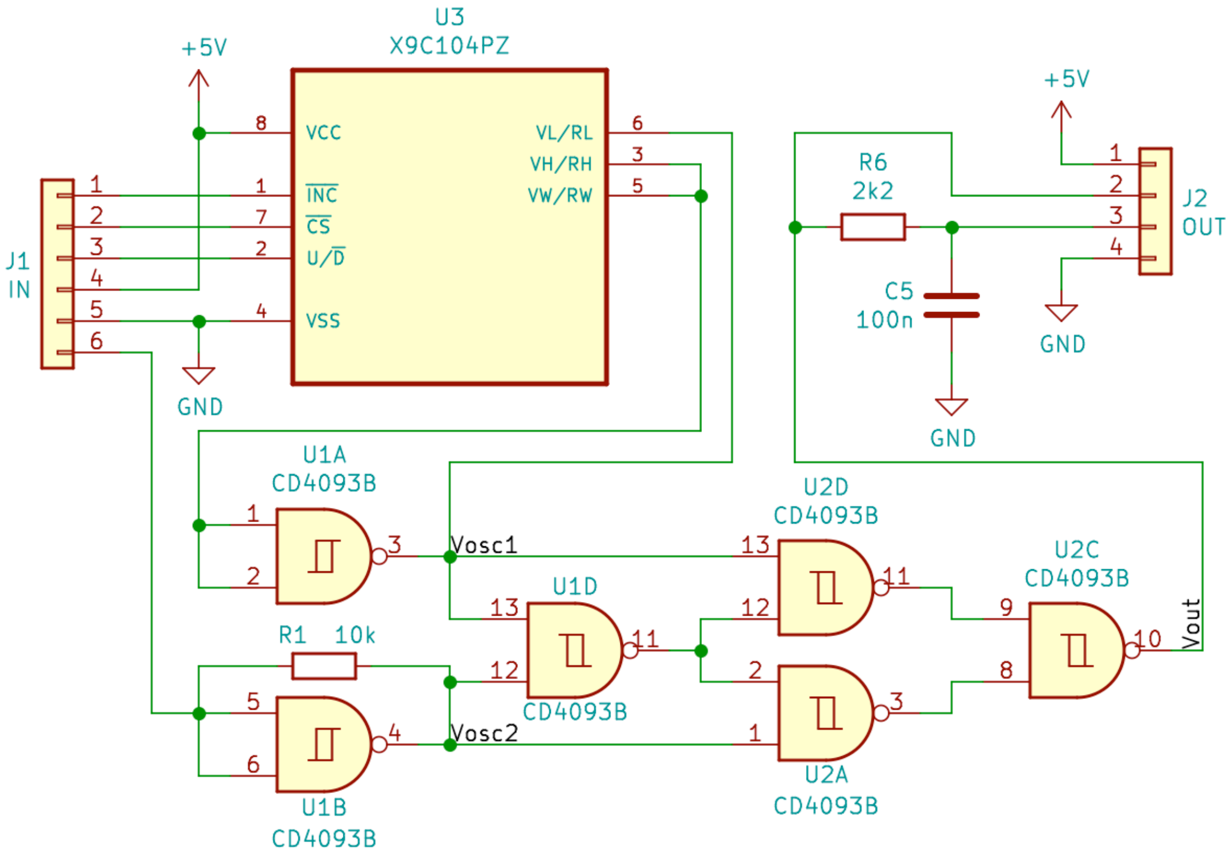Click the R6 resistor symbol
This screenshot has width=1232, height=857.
872,227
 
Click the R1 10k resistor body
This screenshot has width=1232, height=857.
324,666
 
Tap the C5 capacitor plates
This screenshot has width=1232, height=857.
951,305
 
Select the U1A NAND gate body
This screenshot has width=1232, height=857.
323,556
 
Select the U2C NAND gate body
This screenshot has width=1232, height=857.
1075,650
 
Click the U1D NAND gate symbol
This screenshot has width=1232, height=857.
573,650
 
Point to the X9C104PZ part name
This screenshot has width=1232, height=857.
449,46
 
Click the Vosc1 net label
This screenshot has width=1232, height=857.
484,545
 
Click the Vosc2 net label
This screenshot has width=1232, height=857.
484,733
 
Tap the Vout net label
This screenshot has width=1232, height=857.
1190,624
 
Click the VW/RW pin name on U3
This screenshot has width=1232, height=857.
560,195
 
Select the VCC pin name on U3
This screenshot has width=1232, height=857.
323,132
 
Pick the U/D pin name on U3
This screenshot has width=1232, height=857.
325,258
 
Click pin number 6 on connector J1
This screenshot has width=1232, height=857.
96,341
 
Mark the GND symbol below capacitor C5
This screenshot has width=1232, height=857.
951,407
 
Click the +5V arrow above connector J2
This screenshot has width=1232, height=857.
1061,112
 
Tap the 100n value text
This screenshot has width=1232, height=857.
884,320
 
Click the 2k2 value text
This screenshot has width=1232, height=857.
872,191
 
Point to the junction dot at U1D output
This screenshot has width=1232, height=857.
700,651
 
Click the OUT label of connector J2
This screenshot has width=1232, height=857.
1203,227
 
